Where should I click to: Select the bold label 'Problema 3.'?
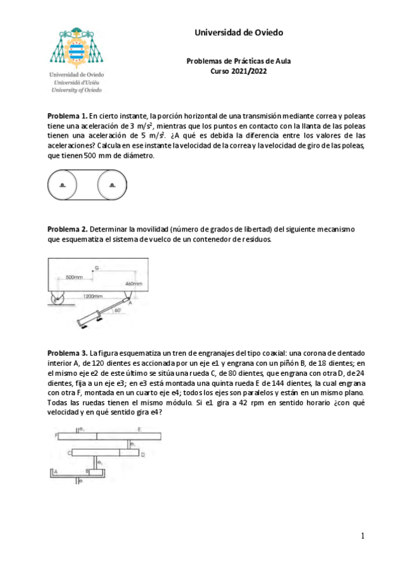tap(67, 352)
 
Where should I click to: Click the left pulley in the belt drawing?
tap(62, 184)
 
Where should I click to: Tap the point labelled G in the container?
tap(96, 267)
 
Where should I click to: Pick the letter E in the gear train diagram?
tap(139, 429)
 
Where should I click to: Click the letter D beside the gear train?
tap(143, 454)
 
